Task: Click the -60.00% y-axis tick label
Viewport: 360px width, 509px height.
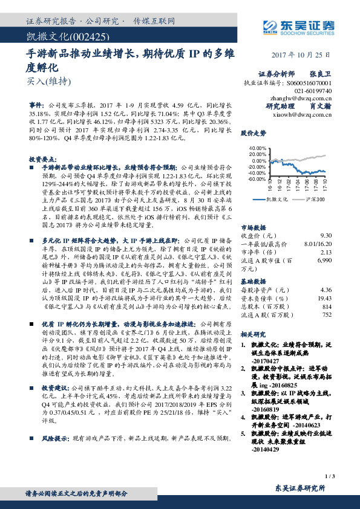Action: pos(257,179)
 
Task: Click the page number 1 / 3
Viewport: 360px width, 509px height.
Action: pos(329,477)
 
